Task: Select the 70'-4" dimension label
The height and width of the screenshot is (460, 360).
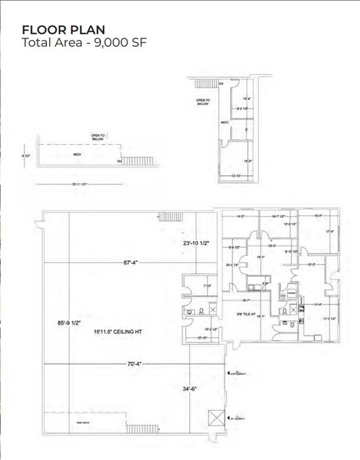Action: (x=135, y=364)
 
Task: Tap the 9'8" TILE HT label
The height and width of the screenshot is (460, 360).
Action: (x=248, y=314)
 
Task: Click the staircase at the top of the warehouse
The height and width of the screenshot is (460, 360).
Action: (x=171, y=217)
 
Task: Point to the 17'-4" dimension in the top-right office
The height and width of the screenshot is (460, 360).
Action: (x=330, y=232)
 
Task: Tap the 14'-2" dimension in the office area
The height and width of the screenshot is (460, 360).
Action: (x=239, y=217)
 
